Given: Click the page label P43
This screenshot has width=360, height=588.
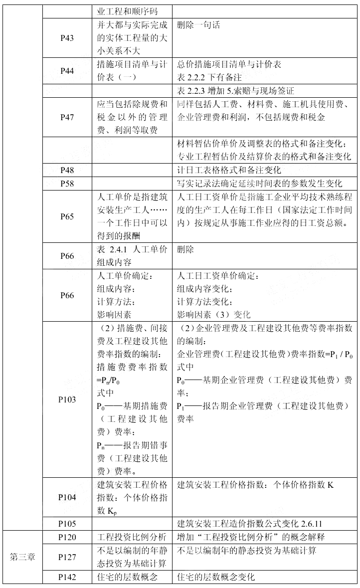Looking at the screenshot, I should [x=67, y=38].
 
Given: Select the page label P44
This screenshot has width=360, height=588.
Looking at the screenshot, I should [x=67, y=71].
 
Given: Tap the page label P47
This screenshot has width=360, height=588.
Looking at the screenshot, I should [x=67, y=117].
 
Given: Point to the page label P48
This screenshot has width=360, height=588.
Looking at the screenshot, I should [x=67, y=170].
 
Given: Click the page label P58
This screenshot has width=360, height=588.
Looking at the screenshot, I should [x=67, y=183].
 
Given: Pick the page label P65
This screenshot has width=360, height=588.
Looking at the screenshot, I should [x=67, y=216].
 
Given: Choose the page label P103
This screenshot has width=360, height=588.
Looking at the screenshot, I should [x=67, y=400].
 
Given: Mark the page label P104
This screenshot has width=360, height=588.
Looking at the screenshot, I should [x=67, y=497].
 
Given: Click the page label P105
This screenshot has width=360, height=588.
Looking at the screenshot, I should [x=67, y=523].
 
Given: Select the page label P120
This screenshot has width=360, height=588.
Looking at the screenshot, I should [x=67, y=537].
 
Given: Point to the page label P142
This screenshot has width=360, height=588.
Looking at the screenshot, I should [x=67, y=577].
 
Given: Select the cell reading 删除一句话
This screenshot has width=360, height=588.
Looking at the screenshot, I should [x=198, y=25].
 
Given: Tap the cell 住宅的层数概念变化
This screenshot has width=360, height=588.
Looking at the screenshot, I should [x=215, y=577].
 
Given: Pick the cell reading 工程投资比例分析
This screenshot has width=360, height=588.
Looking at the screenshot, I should [x=131, y=537].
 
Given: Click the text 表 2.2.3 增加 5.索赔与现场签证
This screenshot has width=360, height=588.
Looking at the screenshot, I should [x=235, y=91].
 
